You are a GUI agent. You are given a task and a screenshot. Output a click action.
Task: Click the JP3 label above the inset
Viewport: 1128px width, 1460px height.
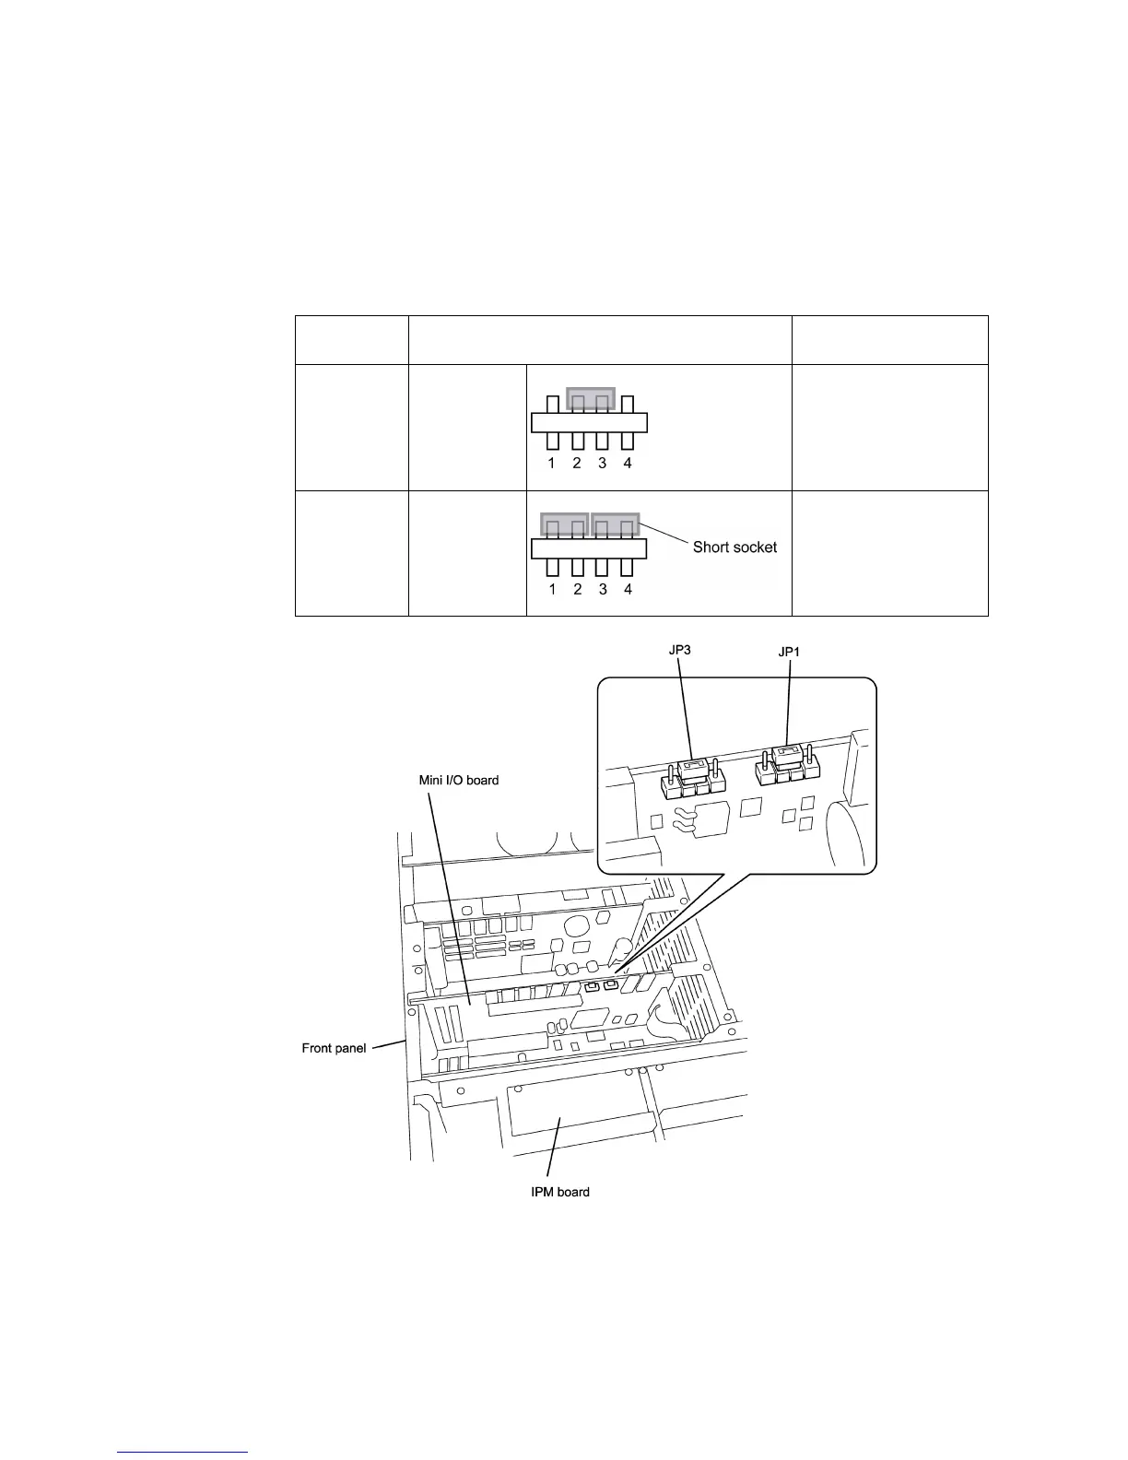679,650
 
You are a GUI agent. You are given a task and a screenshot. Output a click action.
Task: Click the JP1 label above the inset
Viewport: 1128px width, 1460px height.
790,652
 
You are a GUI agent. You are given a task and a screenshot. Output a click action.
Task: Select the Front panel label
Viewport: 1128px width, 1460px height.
334,1048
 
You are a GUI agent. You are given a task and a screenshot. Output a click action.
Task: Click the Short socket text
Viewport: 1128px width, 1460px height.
734,547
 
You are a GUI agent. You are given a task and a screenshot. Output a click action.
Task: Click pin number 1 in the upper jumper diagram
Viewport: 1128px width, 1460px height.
551,464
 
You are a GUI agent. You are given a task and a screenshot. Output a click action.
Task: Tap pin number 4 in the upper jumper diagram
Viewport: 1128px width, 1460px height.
628,464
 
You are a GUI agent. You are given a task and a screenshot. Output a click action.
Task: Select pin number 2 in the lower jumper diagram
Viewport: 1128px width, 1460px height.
578,589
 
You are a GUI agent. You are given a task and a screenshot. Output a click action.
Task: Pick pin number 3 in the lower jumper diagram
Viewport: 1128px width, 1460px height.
603,589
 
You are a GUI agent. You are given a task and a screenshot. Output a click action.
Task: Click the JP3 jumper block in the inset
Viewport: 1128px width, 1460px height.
693,777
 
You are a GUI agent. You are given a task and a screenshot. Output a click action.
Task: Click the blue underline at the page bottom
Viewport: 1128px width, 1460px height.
183,1452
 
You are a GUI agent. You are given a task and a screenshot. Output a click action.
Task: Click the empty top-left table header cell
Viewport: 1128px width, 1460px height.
351,340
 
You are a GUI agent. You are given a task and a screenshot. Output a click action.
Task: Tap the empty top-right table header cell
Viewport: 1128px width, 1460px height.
889,340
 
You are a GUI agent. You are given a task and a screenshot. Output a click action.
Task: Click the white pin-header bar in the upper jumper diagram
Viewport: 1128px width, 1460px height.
590,423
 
